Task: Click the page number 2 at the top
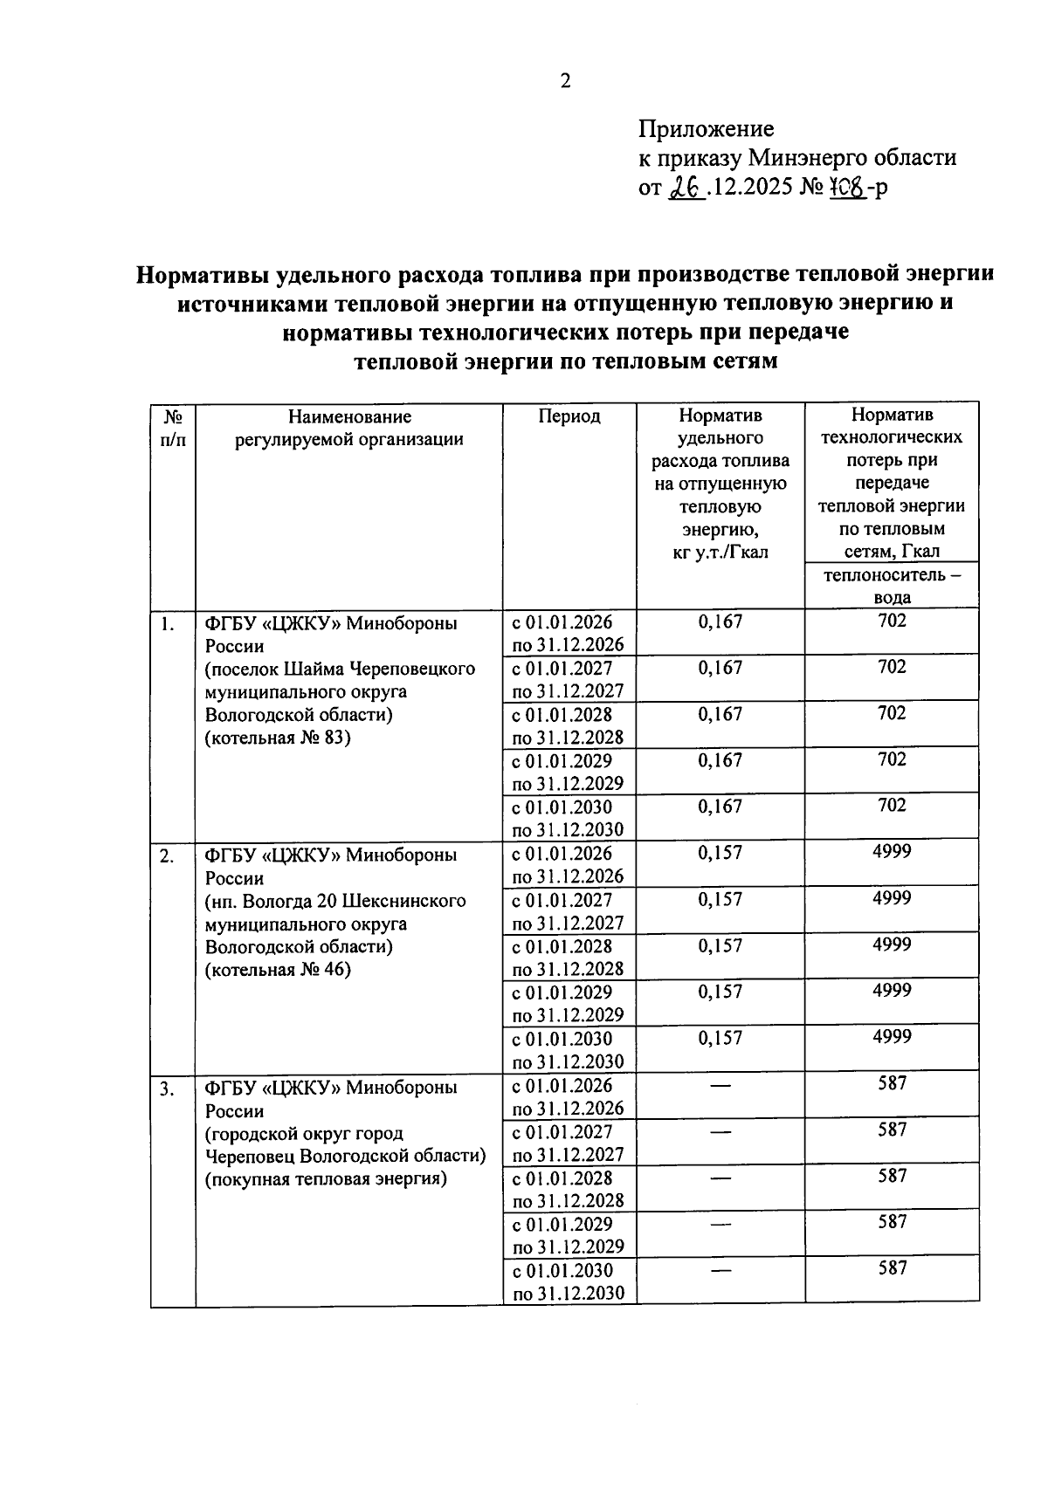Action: coord(565,81)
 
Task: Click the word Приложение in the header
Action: coord(706,129)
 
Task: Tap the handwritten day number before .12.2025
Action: coord(687,187)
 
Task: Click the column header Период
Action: coord(569,416)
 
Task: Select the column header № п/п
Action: coord(173,428)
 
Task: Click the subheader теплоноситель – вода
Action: coord(892,586)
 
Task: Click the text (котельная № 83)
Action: coord(277,738)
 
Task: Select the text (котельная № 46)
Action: coord(277,969)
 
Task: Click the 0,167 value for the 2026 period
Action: coord(720,622)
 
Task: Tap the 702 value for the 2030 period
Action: coord(892,806)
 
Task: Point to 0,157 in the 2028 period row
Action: coord(720,945)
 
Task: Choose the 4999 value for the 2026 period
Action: coord(892,851)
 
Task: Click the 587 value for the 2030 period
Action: coord(892,1268)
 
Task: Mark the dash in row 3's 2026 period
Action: coord(720,1086)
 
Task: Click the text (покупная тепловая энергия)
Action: coord(326,1178)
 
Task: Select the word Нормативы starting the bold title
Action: coord(199,275)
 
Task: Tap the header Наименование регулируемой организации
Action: coord(348,428)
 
